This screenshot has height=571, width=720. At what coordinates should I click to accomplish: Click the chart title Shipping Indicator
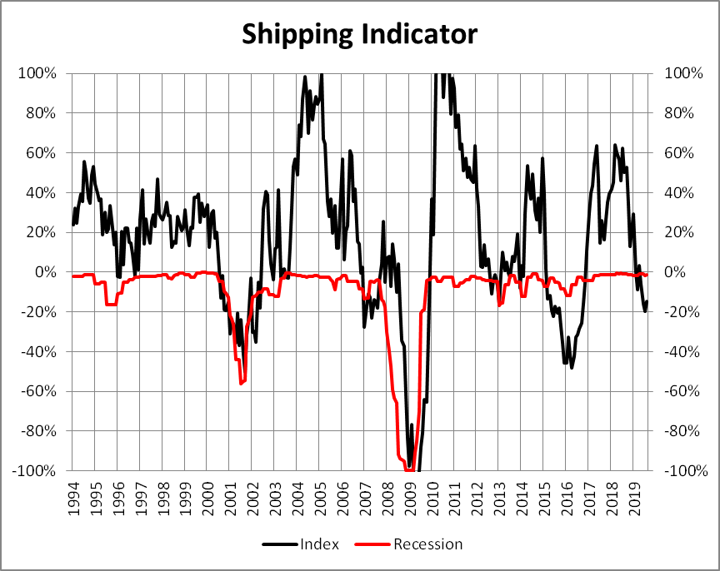click(x=359, y=34)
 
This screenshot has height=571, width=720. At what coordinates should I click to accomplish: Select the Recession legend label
click(x=427, y=544)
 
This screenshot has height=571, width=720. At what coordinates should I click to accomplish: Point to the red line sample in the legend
click(x=372, y=544)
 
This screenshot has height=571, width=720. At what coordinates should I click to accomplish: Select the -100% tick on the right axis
click(x=684, y=471)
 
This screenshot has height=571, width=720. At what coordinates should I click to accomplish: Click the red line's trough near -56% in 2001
click(x=242, y=383)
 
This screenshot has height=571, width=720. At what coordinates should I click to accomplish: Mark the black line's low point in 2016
click(x=572, y=367)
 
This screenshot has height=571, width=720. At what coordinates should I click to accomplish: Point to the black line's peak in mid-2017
click(x=597, y=146)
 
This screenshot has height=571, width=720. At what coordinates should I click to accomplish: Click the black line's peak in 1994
click(x=84, y=161)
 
